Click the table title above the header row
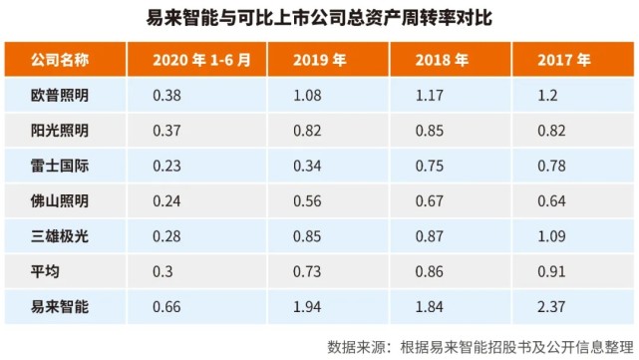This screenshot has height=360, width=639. (x=319, y=18)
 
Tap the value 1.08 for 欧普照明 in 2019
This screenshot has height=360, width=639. (x=311, y=98)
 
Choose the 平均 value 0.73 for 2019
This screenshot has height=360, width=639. (x=311, y=271)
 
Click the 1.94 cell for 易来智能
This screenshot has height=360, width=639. (x=311, y=306)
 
